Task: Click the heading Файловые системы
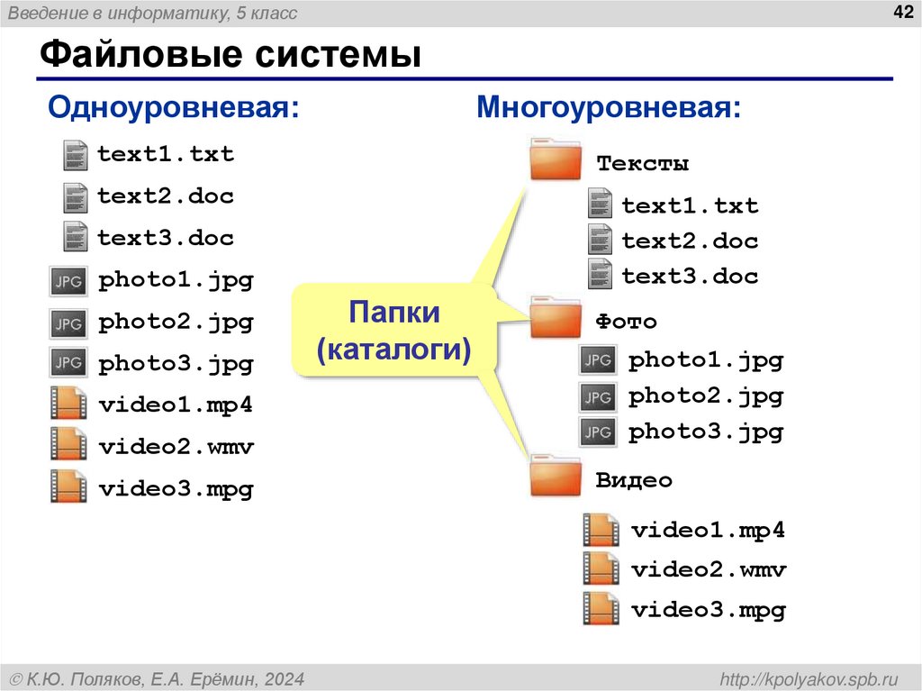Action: pos(231,55)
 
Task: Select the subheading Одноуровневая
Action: pos(173,109)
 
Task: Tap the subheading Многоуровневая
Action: pos(610,109)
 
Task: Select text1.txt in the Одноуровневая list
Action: pos(166,154)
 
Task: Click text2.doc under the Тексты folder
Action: pos(690,241)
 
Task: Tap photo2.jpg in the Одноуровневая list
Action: pos(176,322)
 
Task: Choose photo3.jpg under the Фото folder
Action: pos(706,432)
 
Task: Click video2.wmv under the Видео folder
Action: pos(709,570)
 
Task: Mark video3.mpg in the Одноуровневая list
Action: pos(176,489)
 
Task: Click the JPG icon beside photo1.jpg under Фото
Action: pos(598,361)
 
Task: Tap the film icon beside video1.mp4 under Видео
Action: pos(601,530)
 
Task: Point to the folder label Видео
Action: pos(634,480)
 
